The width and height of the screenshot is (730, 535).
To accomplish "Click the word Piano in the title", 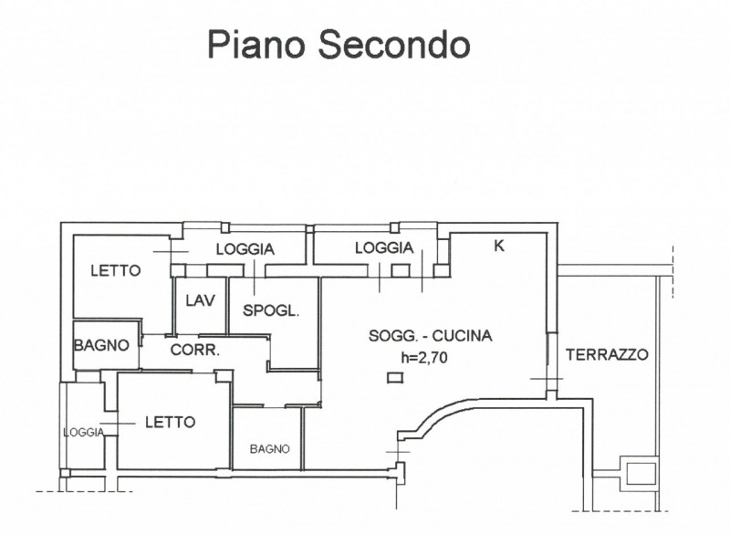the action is (256, 45).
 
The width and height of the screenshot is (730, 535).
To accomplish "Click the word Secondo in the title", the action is (394, 44).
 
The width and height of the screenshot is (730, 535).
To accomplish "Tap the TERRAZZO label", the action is (607, 355).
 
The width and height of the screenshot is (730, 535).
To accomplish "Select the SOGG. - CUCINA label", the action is (430, 336).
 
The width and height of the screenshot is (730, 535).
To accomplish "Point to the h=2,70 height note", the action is (424, 357).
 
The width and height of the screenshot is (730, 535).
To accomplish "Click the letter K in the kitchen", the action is (498, 246).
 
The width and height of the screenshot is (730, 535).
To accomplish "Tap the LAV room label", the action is (200, 300).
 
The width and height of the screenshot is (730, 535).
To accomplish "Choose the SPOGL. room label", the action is (270, 310).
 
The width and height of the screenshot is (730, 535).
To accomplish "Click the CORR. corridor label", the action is (194, 350).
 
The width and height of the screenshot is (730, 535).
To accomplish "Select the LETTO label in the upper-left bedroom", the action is (116, 270).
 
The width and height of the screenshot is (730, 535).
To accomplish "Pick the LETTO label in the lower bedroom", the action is (170, 423).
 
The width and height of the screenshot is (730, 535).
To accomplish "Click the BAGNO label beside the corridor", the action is (101, 345).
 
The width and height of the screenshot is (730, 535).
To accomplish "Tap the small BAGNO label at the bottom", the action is (269, 449).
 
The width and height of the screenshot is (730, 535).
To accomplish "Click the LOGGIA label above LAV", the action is (245, 249).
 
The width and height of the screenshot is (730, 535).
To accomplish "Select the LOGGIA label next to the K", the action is (384, 247).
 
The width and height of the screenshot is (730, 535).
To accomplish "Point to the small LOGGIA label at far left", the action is (84, 433).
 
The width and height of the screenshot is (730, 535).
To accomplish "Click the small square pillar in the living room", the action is (395, 378).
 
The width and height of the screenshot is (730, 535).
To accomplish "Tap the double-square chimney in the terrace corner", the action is (637, 473).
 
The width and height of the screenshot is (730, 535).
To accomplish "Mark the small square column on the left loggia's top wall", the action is (225, 227).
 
